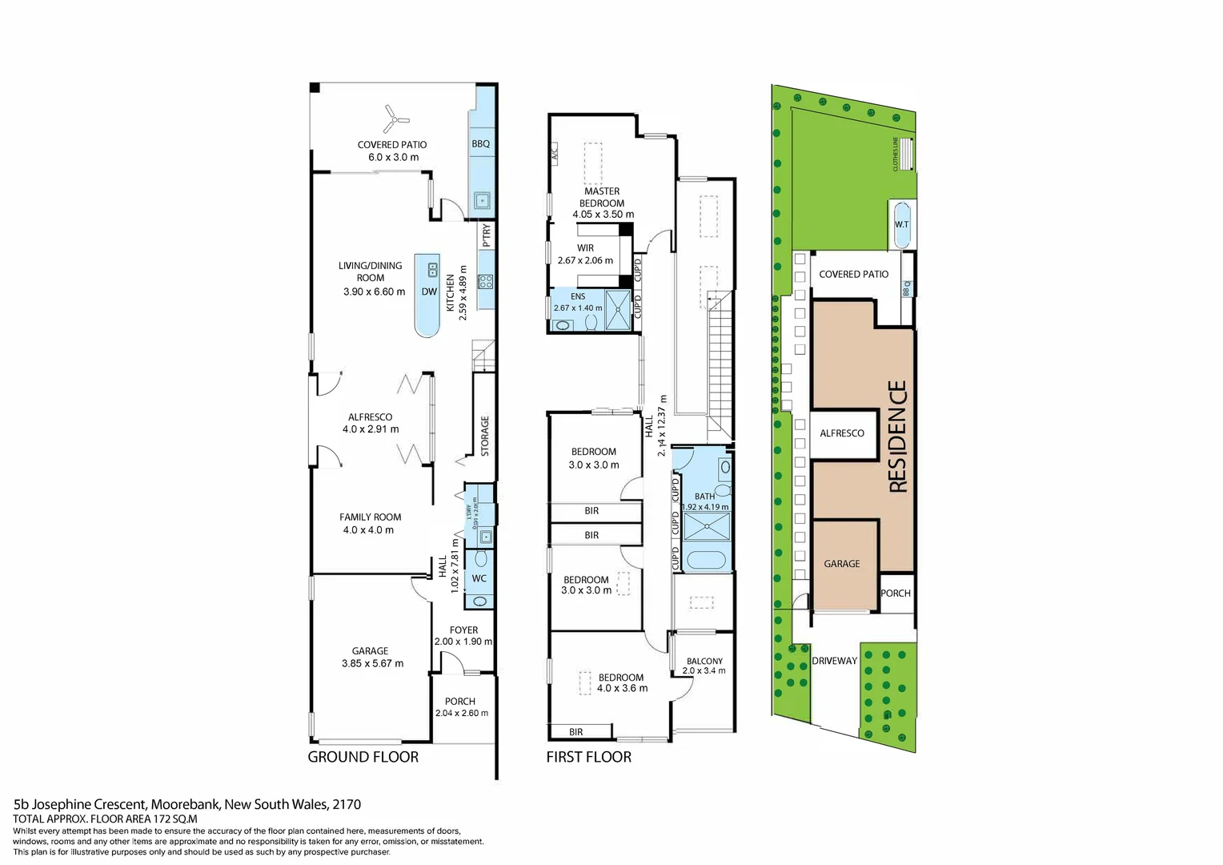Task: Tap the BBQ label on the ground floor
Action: click(480, 144)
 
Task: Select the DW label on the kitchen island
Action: click(429, 292)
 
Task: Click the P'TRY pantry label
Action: click(487, 235)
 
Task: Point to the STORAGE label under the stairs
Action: click(485, 436)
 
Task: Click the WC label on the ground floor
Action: click(479, 578)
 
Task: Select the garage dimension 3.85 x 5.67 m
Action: click(372, 663)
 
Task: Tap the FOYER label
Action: click(463, 630)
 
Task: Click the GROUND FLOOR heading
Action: click(363, 757)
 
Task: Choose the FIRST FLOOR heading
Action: click(588, 757)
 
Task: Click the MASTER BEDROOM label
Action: click(602, 197)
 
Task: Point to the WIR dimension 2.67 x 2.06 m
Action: click(585, 260)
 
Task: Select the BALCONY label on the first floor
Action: click(704, 661)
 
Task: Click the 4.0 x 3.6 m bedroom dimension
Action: click(622, 688)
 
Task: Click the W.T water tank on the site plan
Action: click(901, 224)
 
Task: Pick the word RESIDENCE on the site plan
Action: click(898, 436)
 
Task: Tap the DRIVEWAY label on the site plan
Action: click(834, 661)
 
